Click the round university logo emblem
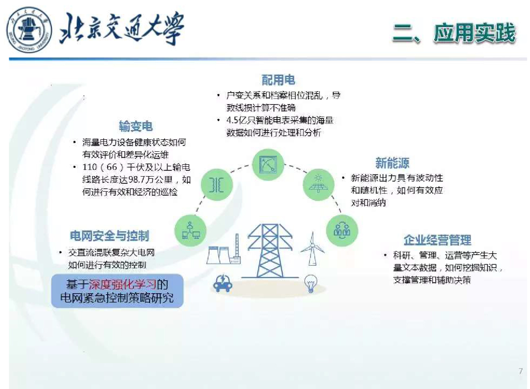click(x=29, y=30)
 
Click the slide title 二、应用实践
click(x=454, y=33)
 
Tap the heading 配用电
click(x=278, y=80)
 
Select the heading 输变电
click(x=136, y=126)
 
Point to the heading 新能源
click(x=392, y=163)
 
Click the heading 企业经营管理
click(x=437, y=240)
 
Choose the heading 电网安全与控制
click(x=110, y=236)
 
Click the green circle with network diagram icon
click(x=190, y=230)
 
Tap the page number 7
click(x=520, y=371)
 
